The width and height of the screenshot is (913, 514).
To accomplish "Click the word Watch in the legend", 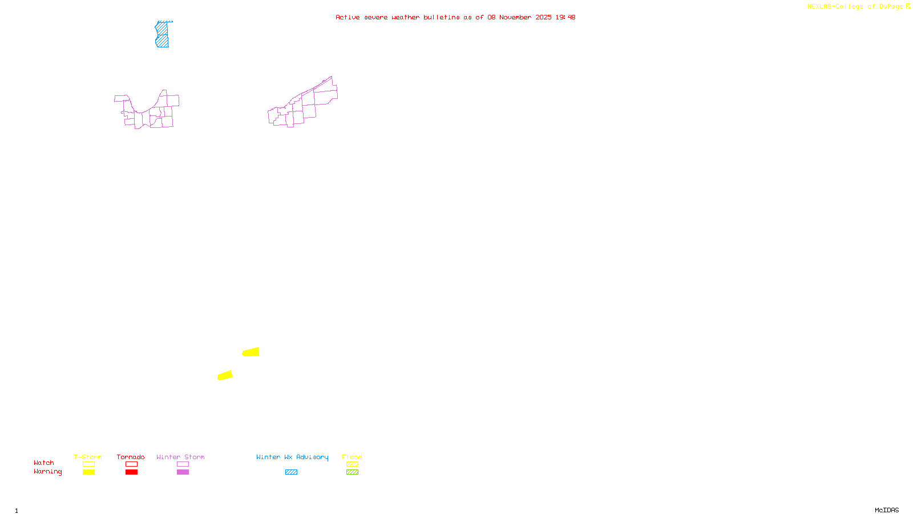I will pyautogui.click(x=44, y=463).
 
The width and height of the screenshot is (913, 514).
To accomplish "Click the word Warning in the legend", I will pyautogui.click(x=47, y=472).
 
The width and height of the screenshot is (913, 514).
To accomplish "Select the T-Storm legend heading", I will pyautogui.click(x=88, y=457).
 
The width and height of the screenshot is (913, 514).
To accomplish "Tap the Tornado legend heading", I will pyautogui.click(x=131, y=457).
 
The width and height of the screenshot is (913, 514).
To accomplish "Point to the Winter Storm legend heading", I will pyautogui.click(x=180, y=457).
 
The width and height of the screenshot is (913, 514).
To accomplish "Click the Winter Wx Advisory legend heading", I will pyautogui.click(x=292, y=457).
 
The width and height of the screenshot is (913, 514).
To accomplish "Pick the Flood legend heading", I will pyautogui.click(x=352, y=457).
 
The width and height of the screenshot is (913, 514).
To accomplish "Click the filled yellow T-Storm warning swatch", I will pyautogui.click(x=88, y=472).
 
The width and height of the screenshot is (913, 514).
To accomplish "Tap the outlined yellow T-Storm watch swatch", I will pyautogui.click(x=88, y=464).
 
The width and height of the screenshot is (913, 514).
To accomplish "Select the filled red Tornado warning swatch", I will pyautogui.click(x=131, y=472).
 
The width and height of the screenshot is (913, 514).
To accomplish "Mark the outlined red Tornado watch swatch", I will pyautogui.click(x=131, y=464).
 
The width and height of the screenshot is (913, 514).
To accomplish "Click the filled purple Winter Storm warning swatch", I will pyautogui.click(x=183, y=472).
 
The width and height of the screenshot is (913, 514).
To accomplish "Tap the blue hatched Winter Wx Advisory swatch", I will pyautogui.click(x=291, y=472).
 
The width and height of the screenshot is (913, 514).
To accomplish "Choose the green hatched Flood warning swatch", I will pyautogui.click(x=352, y=472).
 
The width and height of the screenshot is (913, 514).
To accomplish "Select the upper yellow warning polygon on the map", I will pyautogui.click(x=251, y=352).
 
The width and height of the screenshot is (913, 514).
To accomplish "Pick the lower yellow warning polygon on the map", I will pyautogui.click(x=225, y=375).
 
